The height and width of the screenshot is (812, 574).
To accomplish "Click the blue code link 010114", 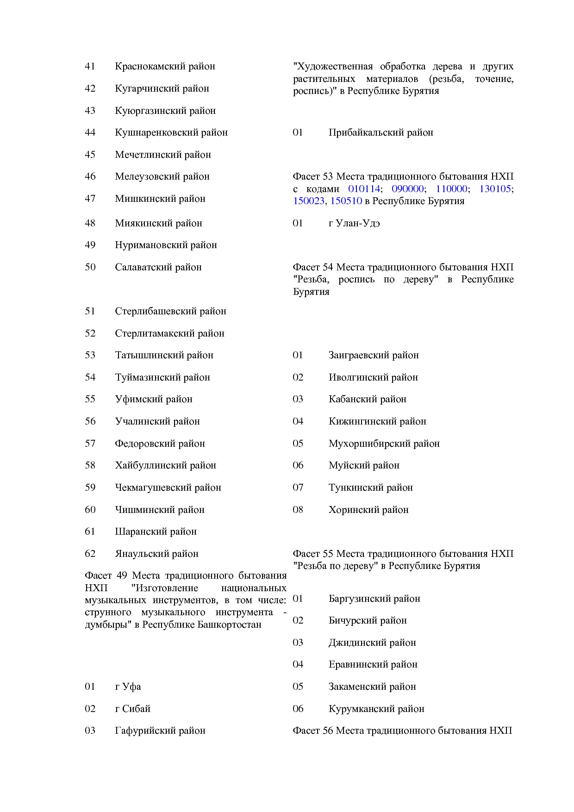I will (x=363, y=189).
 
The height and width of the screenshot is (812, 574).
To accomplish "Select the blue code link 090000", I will (x=407, y=189).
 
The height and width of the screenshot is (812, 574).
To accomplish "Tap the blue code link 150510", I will (x=346, y=201).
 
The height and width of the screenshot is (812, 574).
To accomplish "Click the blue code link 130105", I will (x=495, y=189).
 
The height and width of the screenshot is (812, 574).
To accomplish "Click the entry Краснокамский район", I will (x=165, y=66).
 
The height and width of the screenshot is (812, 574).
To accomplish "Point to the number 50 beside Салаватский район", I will (x=90, y=267).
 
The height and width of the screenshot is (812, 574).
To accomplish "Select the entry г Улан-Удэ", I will (x=354, y=223).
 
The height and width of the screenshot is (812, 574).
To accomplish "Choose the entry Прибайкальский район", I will (x=381, y=132).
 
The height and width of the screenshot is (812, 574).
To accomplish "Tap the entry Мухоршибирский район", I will (x=384, y=443).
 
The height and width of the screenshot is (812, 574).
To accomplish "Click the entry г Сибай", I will (x=132, y=709).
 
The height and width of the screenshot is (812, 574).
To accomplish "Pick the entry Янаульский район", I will (x=156, y=554).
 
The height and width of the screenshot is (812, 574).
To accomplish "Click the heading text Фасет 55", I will (x=312, y=554).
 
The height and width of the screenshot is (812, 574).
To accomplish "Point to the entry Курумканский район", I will (x=376, y=709).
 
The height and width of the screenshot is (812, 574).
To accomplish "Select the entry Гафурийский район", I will (x=160, y=731).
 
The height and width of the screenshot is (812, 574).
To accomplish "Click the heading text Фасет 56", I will (x=312, y=731).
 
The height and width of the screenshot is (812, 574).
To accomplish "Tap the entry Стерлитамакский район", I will (x=169, y=333).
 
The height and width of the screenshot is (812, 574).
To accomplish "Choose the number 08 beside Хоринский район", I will (x=298, y=510).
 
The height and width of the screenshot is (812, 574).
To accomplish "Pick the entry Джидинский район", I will (x=372, y=643).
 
